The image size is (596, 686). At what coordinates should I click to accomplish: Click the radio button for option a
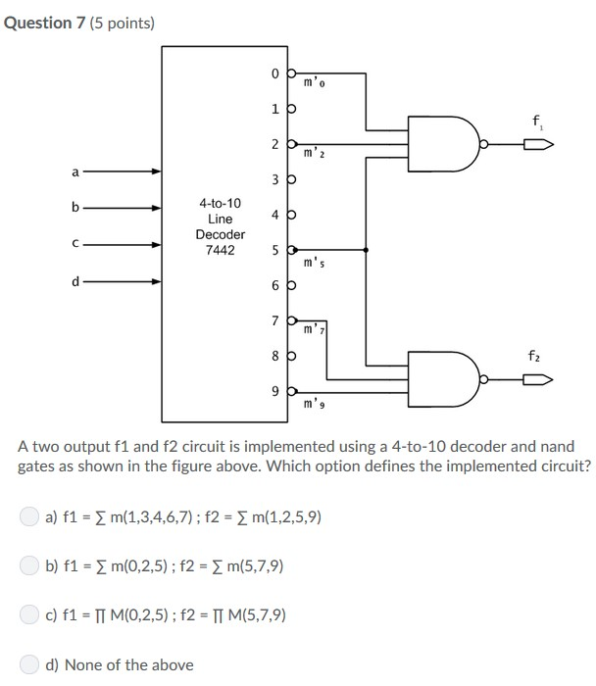pos(31,515)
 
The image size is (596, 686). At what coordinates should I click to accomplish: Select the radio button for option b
pos(31,565)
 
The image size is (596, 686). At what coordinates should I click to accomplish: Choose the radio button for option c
pos(31,615)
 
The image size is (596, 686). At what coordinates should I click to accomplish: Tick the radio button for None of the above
pos(31,664)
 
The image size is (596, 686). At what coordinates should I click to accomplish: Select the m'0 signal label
pos(314,82)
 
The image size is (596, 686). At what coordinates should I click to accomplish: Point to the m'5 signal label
pos(314,263)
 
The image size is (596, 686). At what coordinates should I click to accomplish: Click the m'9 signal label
pos(314,404)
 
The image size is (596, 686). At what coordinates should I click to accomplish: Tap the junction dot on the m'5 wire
pos(367,250)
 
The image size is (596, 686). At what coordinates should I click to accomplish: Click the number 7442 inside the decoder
pos(221,251)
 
